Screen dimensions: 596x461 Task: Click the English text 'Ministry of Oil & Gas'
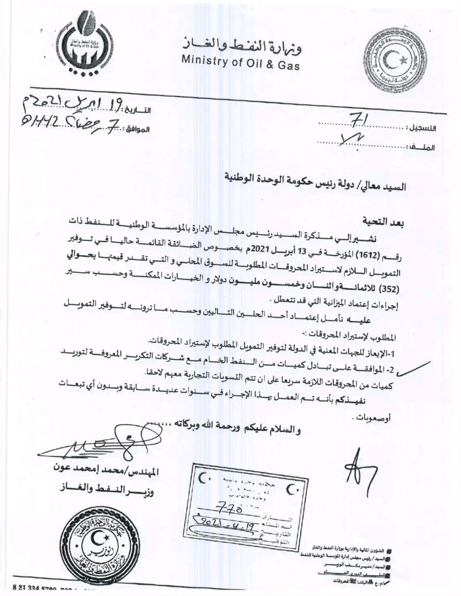[x=241, y=62]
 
